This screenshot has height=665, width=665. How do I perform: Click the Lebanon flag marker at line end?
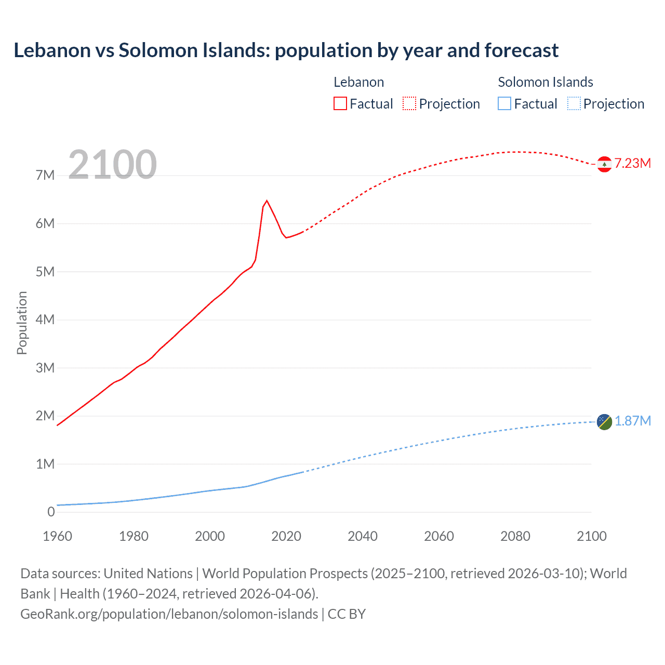click(x=604, y=164)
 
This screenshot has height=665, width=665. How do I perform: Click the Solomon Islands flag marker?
click(x=604, y=422)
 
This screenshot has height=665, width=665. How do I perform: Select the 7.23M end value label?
click(x=633, y=164)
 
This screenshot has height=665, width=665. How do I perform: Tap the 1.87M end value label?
click(x=633, y=421)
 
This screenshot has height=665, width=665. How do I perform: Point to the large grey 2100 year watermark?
click(x=112, y=165)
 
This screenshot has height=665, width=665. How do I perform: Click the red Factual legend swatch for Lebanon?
click(x=340, y=104)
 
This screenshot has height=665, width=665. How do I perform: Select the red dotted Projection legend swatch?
click(x=409, y=104)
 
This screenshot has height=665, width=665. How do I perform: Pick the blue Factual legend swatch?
click(x=504, y=104)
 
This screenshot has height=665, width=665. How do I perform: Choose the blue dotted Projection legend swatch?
click(x=574, y=104)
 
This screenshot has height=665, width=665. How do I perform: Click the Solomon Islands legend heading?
click(x=546, y=82)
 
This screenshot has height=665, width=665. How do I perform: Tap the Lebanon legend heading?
click(x=359, y=82)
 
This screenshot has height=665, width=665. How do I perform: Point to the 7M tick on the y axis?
click(x=45, y=176)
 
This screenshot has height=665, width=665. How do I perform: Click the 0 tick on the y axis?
click(x=51, y=512)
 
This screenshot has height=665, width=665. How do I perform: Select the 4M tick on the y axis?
click(x=45, y=320)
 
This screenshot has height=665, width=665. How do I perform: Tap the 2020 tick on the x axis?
click(x=286, y=536)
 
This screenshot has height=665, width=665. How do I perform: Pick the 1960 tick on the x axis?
click(x=57, y=536)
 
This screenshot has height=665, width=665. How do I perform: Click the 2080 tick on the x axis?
click(x=515, y=536)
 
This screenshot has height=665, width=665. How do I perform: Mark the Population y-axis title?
click(x=22, y=323)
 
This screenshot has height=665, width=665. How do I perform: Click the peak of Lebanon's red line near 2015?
click(x=267, y=201)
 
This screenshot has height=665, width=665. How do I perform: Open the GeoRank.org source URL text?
click(x=169, y=614)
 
